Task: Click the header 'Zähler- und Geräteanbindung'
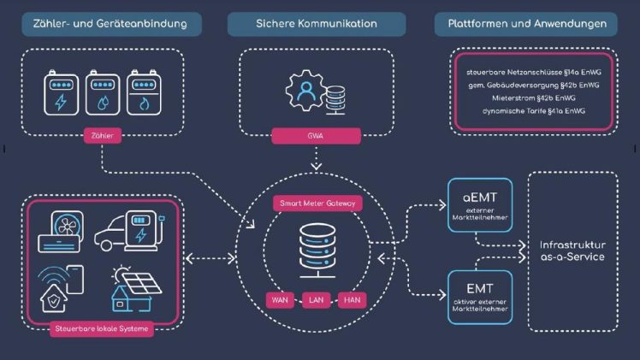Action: pos(111,24)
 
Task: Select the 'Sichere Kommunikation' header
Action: pos(317,24)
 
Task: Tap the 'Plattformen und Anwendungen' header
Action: pos(525,24)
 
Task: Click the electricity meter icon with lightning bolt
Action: pos(62,93)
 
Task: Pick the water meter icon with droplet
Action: pos(103,93)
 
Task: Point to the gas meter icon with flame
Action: pos(144,93)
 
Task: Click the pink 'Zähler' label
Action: pos(103,136)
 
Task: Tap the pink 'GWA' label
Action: pos(316,136)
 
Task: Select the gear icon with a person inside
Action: pos(306,91)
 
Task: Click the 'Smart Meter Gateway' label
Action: pos(317,203)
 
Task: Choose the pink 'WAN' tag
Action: pos(280,300)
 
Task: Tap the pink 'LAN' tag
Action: pos(316,300)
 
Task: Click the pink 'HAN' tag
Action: pos(352,300)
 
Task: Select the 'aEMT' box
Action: pos(480,205)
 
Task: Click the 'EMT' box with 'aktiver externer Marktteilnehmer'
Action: pos(480,298)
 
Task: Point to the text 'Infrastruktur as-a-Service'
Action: pos(572,251)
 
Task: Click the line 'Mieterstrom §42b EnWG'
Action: pos(533,98)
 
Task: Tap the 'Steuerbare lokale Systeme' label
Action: pos(102,328)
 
